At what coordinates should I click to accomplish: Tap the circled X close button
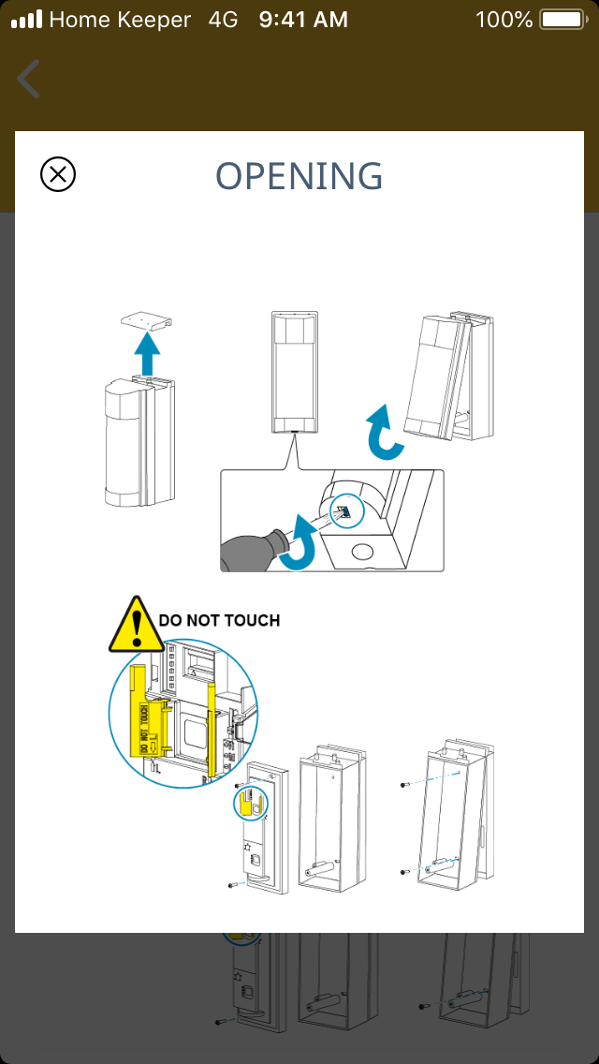(58, 174)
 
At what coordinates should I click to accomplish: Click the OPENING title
(299, 176)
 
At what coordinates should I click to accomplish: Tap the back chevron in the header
(29, 79)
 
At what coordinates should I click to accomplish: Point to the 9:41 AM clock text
(303, 19)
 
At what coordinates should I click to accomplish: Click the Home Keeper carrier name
(120, 19)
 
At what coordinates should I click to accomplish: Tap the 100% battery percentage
(504, 19)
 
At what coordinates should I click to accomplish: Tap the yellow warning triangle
(137, 625)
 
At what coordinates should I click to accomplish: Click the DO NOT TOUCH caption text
(219, 620)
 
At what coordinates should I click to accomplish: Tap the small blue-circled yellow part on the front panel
(250, 803)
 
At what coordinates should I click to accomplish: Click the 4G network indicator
(224, 19)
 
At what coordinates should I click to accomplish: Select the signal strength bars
(27, 19)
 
